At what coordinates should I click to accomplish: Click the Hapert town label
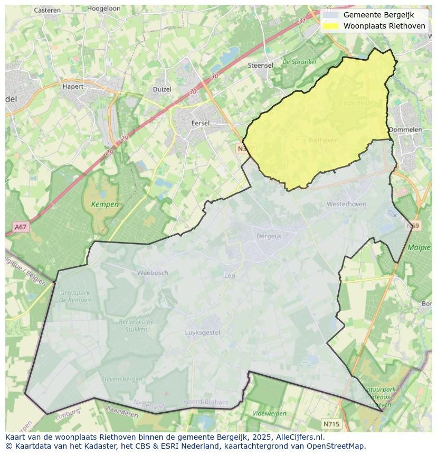pos(73,86)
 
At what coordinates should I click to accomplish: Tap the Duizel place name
pos(162,89)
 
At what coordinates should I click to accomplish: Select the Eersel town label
pos(200,123)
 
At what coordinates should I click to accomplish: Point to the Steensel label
pos(260,66)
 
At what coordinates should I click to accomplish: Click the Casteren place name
pos(47,10)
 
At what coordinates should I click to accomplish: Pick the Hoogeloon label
pos(104,9)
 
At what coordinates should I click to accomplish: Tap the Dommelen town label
pos(405,129)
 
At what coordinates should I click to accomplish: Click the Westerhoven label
pos(346,203)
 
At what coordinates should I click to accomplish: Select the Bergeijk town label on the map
pos(269,236)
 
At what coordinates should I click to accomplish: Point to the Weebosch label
pos(152,273)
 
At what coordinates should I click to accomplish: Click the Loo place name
pos(230,275)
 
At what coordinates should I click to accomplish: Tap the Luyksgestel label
pos(202,332)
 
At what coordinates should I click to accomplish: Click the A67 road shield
pos(21,227)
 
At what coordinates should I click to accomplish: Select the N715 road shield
pos(331,424)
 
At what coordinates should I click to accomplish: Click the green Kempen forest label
pos(104,204)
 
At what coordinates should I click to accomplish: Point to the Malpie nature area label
pos(419,247)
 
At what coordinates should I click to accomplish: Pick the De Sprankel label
pos(299,62)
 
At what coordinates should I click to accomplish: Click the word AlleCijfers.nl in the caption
pos(300,437)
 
